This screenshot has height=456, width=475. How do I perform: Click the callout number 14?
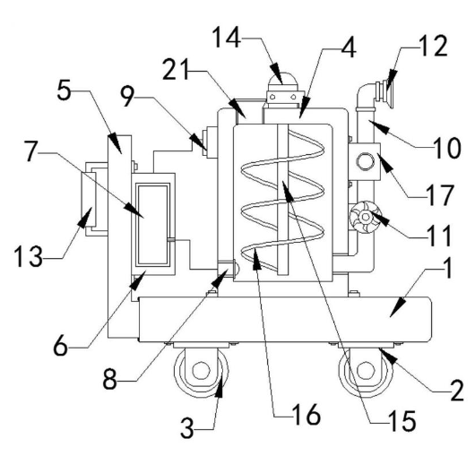coord(227,38)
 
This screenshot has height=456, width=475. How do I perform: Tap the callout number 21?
coord(176,70)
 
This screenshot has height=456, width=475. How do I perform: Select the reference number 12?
coord(433,46)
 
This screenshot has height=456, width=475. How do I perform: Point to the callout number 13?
coord(28,256)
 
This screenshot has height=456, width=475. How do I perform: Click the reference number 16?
coord(306,415)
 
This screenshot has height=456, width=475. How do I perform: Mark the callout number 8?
coord(109,379)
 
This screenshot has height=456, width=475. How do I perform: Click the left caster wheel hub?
coord(201,370)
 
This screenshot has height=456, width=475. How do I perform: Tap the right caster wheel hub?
coord(365,370)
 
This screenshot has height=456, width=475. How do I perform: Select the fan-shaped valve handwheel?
coord(366,217)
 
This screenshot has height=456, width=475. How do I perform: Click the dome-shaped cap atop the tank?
coord(282,79)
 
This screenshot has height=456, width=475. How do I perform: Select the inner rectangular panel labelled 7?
coord(152,225)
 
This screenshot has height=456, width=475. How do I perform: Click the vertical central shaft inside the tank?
coord(282,200)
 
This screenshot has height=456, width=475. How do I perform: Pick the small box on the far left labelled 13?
coord(89,200)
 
